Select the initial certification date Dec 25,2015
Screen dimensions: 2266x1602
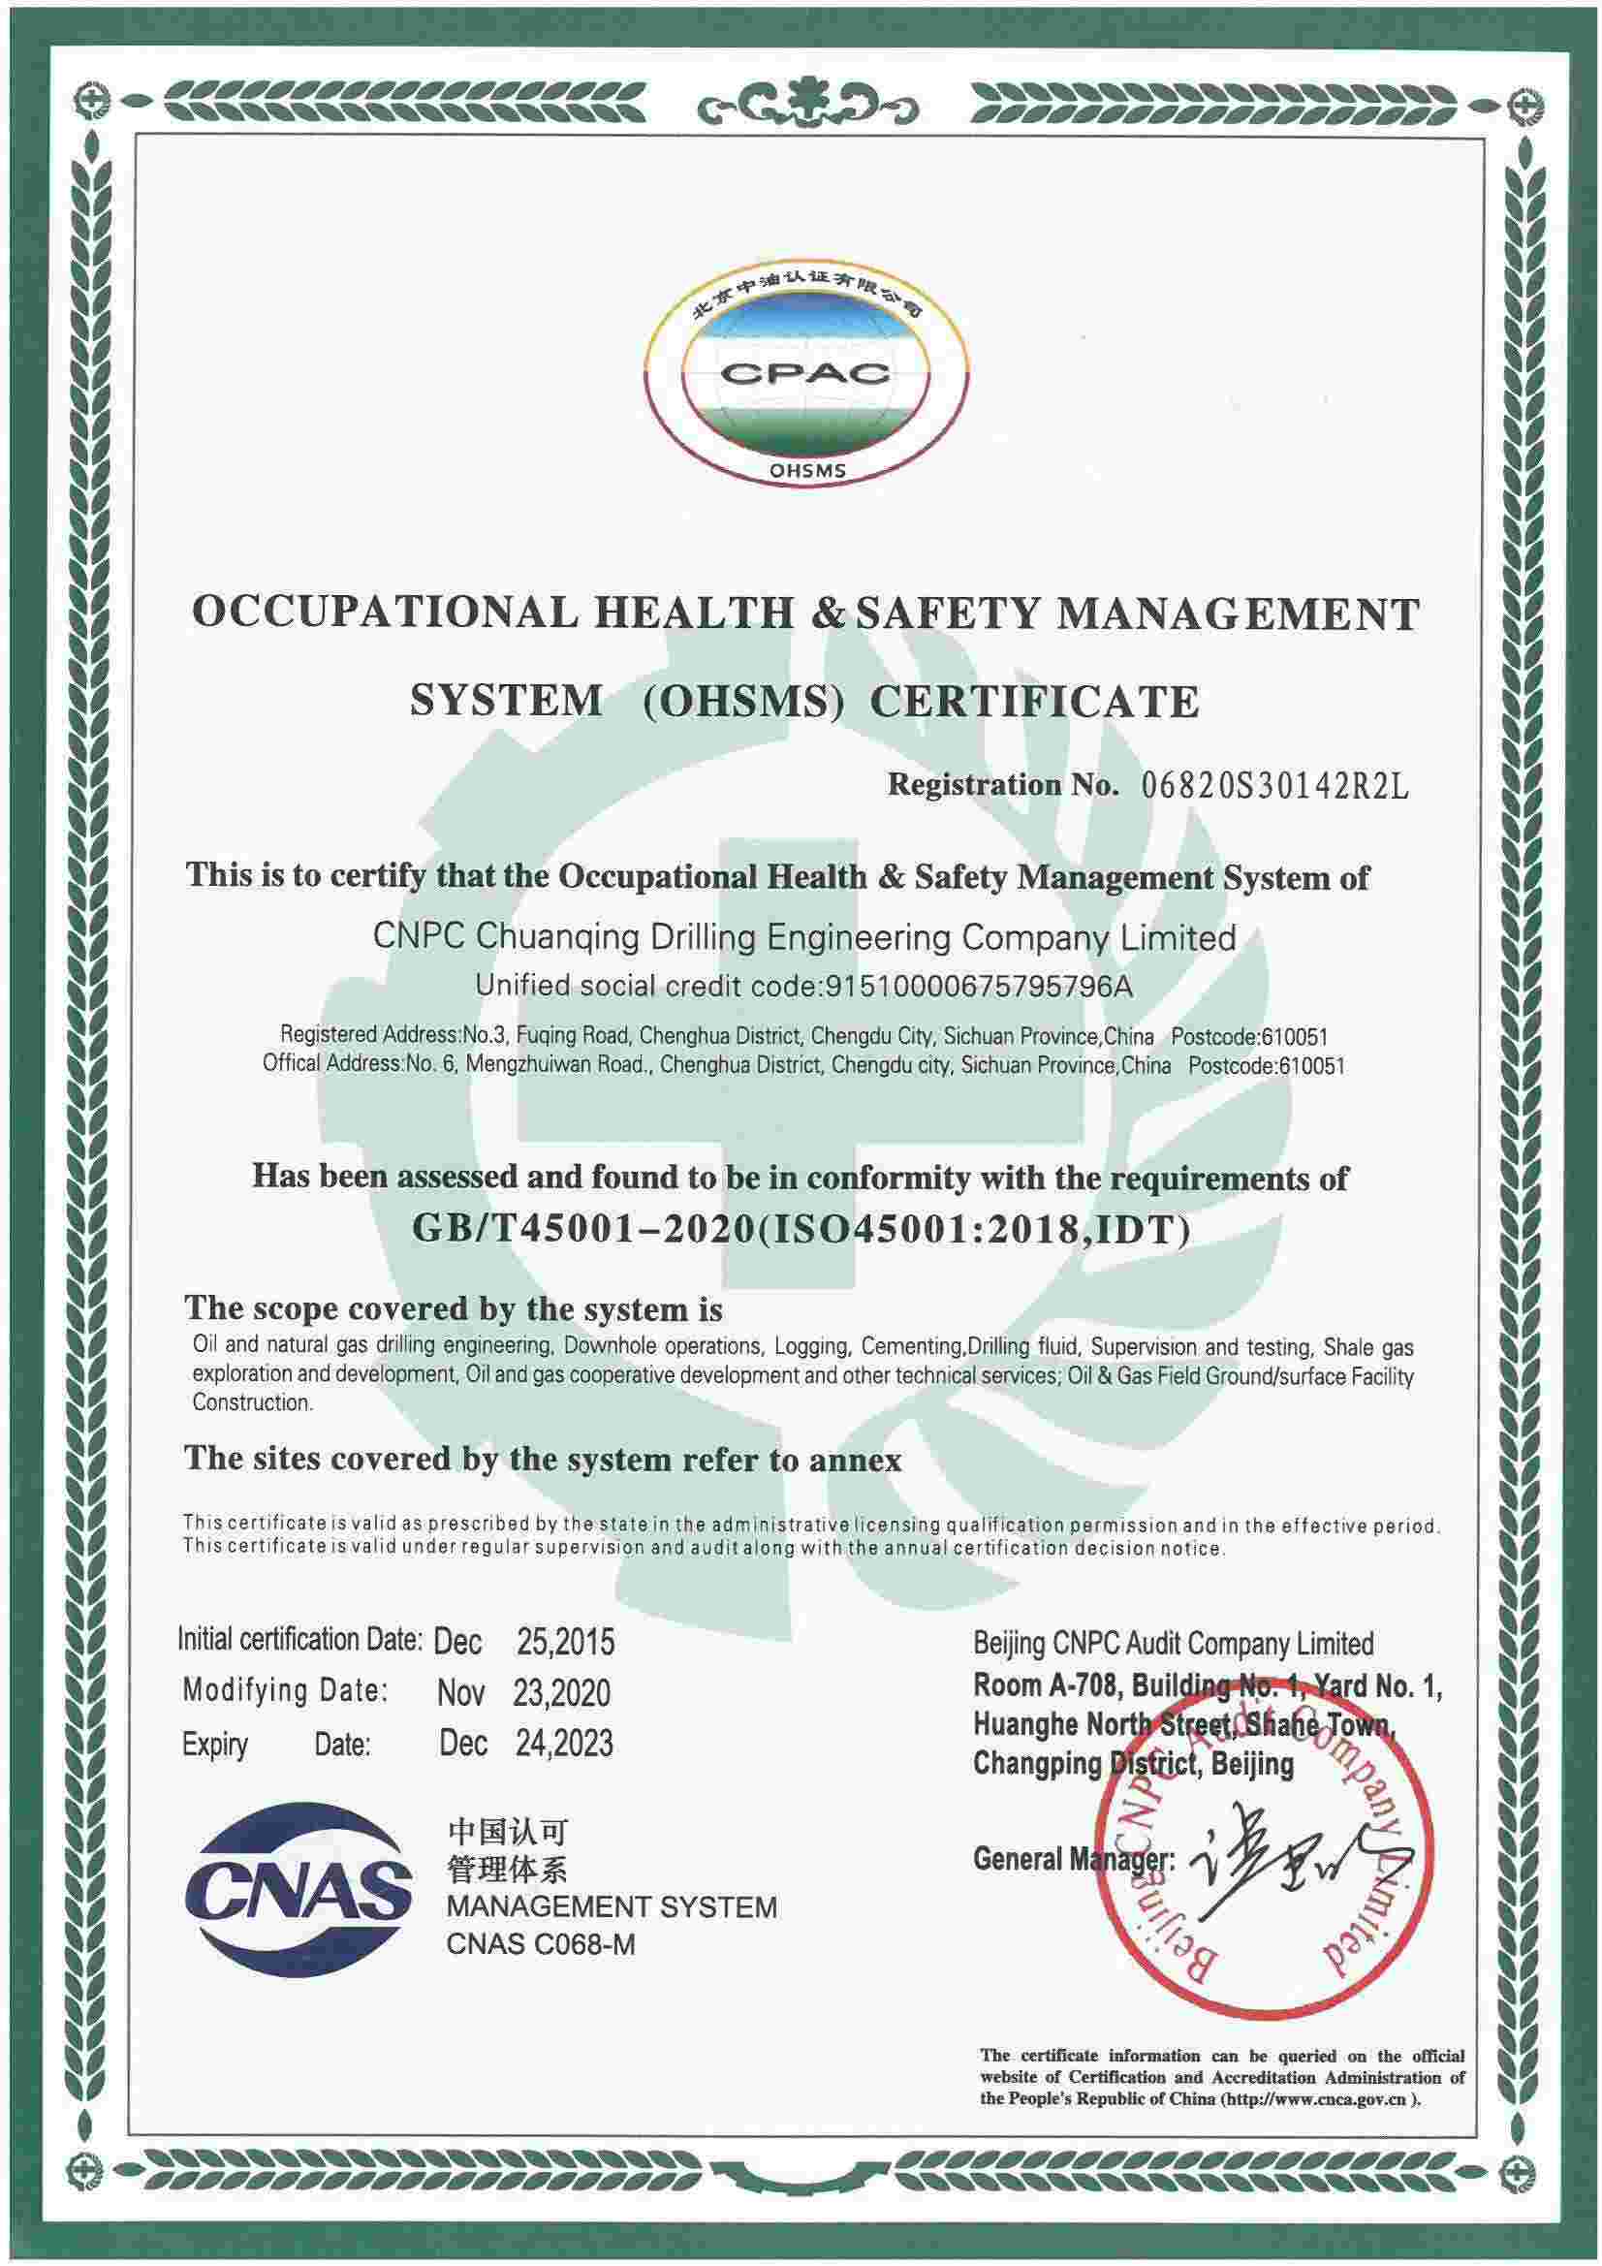524,1641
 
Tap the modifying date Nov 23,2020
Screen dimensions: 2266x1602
524,1692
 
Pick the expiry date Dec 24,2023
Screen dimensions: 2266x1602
526,1744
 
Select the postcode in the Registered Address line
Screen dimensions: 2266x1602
1248,1037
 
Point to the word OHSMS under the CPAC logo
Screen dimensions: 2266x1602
806,471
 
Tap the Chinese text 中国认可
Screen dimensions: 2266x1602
508,1834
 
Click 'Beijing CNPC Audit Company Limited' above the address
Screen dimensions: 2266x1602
1173,1643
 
